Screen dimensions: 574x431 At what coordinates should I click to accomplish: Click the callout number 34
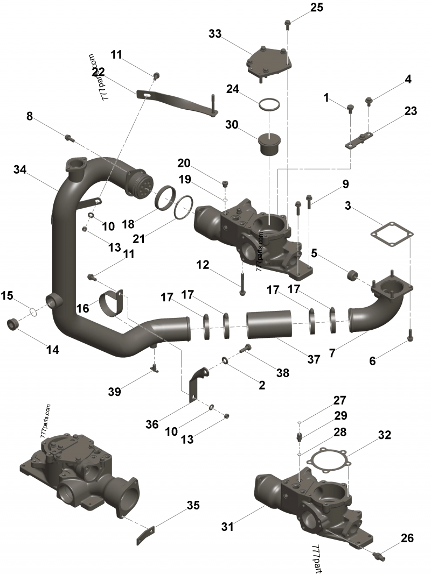(x=20, y=170)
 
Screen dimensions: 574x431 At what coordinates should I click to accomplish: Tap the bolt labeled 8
(x=69, y=138)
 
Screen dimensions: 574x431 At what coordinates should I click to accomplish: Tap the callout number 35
(x=193, y=505)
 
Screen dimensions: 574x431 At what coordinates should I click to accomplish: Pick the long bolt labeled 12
(x=242, y=282)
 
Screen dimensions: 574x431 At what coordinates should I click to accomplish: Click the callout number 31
(x=228, y=527)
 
